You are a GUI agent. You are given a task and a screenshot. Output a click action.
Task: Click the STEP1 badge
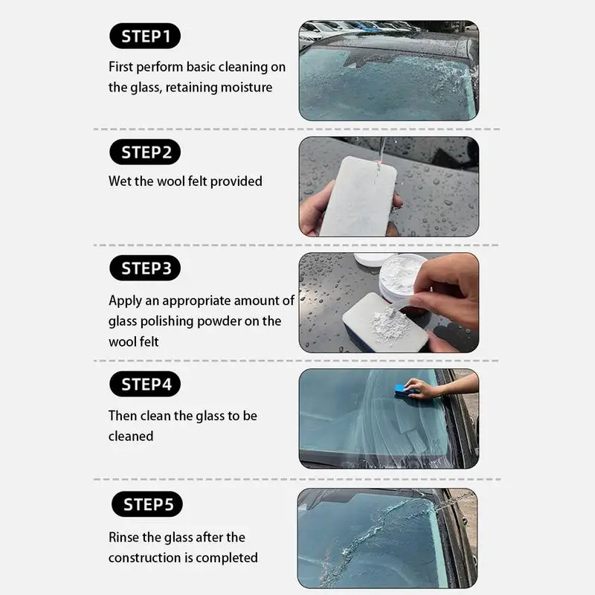coord(145,36)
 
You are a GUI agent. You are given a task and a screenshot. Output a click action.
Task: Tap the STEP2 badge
coord(145,153)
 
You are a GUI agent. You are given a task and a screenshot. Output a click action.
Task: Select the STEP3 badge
coord(145,268)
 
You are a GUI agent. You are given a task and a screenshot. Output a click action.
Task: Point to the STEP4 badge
coord(145,385)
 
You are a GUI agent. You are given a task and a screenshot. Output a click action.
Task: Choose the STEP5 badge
coord(147,505)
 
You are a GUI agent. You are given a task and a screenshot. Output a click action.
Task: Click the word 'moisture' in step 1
coord(246,88)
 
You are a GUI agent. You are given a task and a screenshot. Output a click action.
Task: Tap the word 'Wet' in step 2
coord(120,181)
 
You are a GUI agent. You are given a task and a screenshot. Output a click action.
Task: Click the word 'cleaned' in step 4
coord(131,436)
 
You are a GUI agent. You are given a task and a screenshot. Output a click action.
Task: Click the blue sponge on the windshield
coord(405,390)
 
